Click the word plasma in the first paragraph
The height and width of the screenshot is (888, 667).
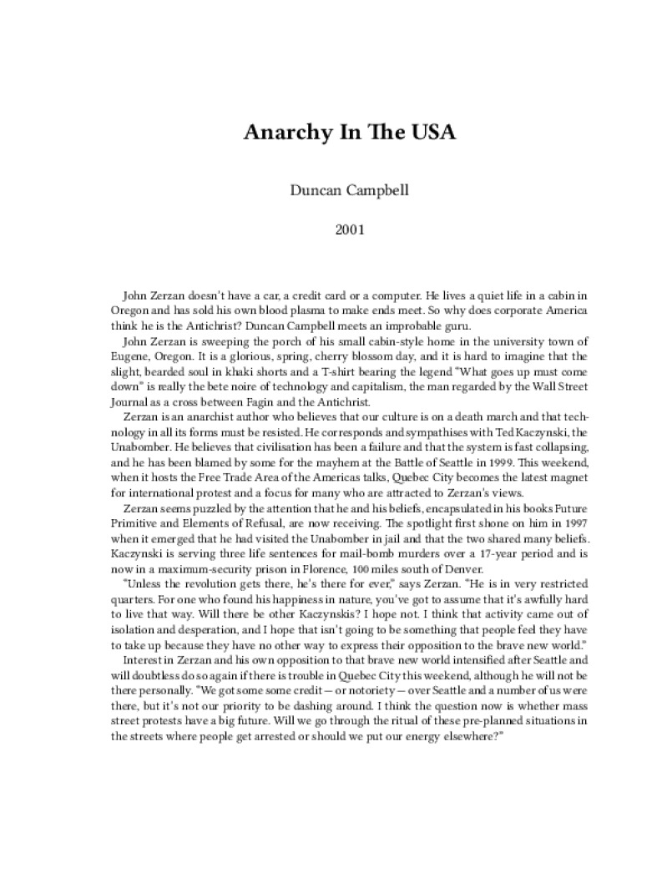(316, 310)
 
